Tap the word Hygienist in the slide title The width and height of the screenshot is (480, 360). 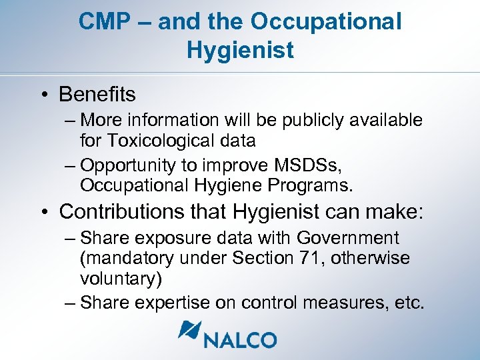[x=240, y=50]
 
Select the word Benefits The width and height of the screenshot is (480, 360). [x=97, y=95]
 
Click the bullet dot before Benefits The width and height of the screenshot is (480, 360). [x=43, y=95]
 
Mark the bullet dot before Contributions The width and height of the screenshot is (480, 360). [x=43, y=213]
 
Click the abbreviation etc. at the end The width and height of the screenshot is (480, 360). [x=408, y=303]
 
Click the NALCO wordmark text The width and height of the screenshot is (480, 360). [x=241, y=340]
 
